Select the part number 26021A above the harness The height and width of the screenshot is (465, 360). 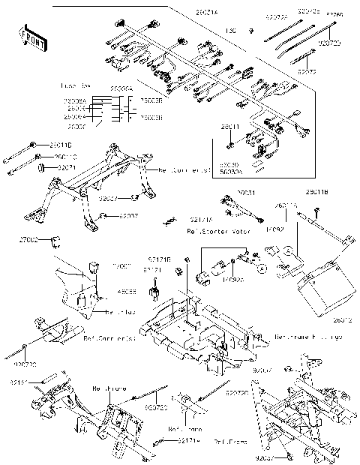coord(185,13)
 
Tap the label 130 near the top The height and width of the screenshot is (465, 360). coord(233,31)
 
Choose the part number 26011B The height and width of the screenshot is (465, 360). coord(319,193)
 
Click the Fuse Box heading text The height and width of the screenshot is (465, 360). coord(73,88)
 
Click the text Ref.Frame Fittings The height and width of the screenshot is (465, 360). coord(308,336)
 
